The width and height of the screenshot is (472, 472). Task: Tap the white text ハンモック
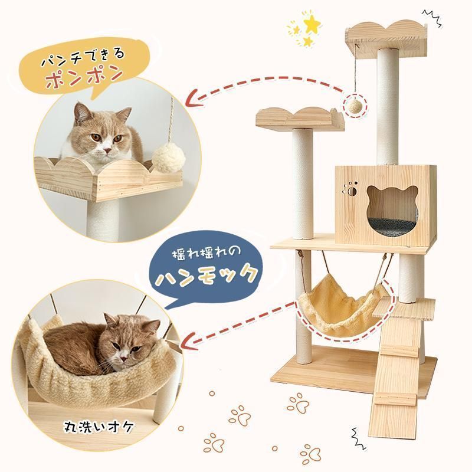(206, 275)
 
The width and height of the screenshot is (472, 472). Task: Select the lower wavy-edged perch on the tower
(301, 117)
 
